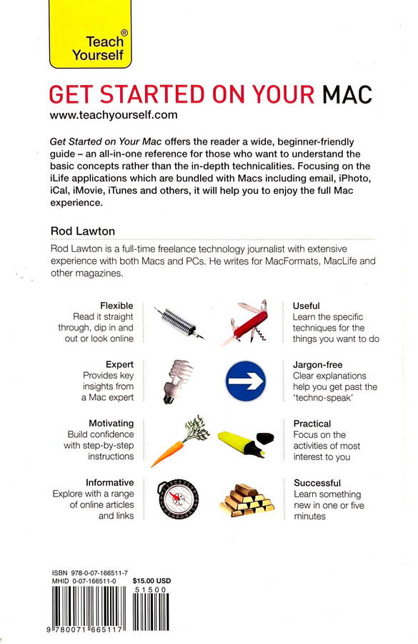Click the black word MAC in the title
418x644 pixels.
pyautogui.click(x=347, y=94)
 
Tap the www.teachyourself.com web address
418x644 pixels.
pyautogui.click(x=114, y=115)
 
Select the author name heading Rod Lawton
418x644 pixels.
pyautogui.click(x=83, y=231)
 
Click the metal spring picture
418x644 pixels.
pyautogui.click(x=179, y=322)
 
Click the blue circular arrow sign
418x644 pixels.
pyautogui.click(x=246, y=381)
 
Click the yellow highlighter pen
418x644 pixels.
pyautogui.click(x=246, y=443)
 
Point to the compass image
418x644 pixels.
pyautogui.click(x=178, y=499)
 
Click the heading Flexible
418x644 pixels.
pyautogui.click(x=116, y=306)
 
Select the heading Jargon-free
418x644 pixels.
pyautogui.click(x=317, y=365)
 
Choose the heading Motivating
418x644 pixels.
pyautogui.click(x=111, y=424)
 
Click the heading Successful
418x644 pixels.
pyautogui.click(x=317, y=483)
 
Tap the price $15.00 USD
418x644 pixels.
pyautogui.click(x=151, y=581)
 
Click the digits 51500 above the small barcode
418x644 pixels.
pyautogui.click(x=150, y=590)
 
